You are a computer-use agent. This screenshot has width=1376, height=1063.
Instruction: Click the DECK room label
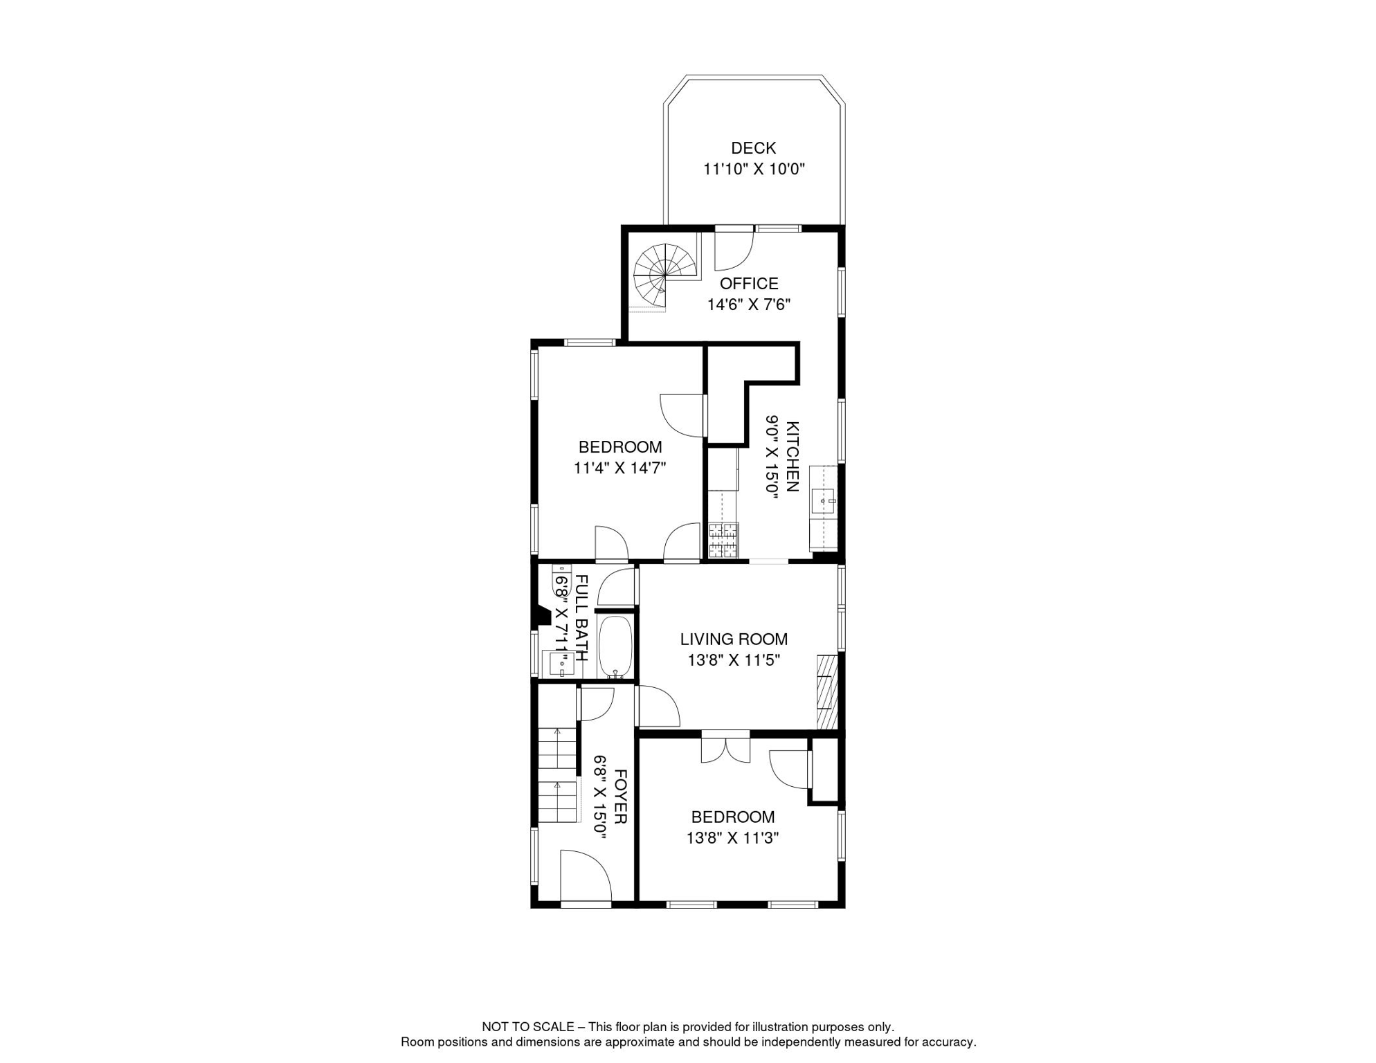[x=753, y=148]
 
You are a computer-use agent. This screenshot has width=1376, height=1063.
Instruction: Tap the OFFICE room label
[x=749, y=284]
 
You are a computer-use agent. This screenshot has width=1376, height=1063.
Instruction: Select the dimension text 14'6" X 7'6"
[x=749, y=305]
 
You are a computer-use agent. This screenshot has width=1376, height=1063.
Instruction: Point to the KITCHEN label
[x=793, y=457]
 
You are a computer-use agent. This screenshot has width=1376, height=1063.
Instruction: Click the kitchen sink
[x=824, y=500]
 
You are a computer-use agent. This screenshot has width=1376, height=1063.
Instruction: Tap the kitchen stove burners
[x=723, y=540]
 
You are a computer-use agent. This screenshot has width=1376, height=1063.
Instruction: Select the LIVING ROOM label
[x=734, y=639]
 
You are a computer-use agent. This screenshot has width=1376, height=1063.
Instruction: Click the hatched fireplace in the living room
[x=828, y=691]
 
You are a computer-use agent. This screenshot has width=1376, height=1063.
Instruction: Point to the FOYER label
[x=621, y=797]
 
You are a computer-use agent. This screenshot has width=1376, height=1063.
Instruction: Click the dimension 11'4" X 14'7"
[x=619, y=469]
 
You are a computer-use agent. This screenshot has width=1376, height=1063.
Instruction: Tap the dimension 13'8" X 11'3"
[x=732, y=838]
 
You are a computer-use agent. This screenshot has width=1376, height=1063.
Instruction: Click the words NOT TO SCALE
[x=528, y=1027]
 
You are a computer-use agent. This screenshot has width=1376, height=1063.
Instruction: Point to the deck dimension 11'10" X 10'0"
[x=754, y=169]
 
